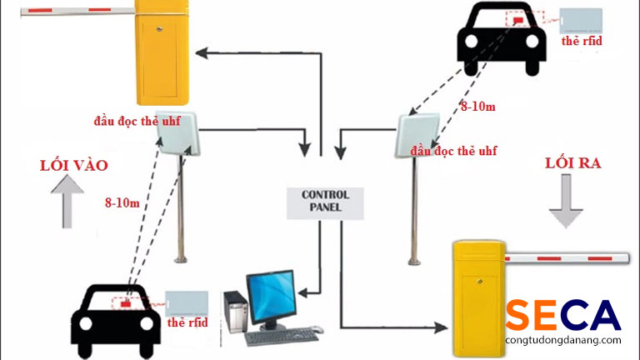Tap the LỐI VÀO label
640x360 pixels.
click(73, 165)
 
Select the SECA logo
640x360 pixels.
click(562, 315)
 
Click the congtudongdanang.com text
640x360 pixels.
click(562, 341)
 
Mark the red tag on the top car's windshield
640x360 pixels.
click(519, 17)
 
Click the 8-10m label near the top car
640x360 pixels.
click(478, 107)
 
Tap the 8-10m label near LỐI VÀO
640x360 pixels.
click(122, 202)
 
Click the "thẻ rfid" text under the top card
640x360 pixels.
click(581, 40)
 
